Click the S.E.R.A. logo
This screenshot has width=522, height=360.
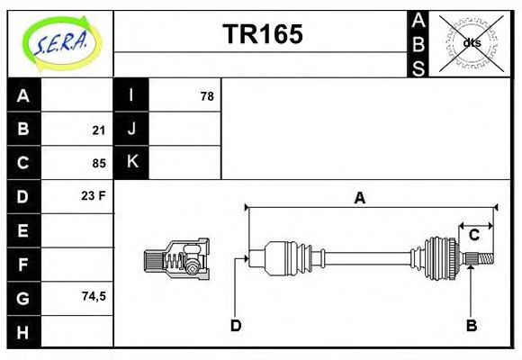pyautogui.click(x=60, y=41)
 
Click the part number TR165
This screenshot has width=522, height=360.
pyautogui.click(x=262, y=35)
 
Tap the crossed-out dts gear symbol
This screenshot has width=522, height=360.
pyautogui.click(x=472, y=42)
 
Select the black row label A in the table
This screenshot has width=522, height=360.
pyautogui.click(x=23, y=95)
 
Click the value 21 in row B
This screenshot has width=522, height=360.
pyautogui.click(x=98, y=130)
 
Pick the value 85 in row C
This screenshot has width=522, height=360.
pyautogui.click(x=98, y=164)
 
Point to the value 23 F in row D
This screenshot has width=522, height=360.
pyautogui.click(x=94, y=195)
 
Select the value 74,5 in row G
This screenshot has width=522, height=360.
pyautogui.click(x=93, y=295)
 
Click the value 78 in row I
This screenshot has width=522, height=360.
pyautogui.click(x=206, y=95)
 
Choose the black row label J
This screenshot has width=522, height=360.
pyautogui.click(x=131, y=129)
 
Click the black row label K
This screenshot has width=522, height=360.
pyautogui.click(x=131, y=162)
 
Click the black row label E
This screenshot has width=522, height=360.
pyautogui.click(x=23, y=230)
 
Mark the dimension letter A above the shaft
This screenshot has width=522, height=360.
pyautogui.click(x=359, y=199)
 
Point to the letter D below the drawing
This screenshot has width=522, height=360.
pyautogui.click(x=235, y=325)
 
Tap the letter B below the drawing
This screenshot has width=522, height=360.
pyautogui.click(x=470, y=325)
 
